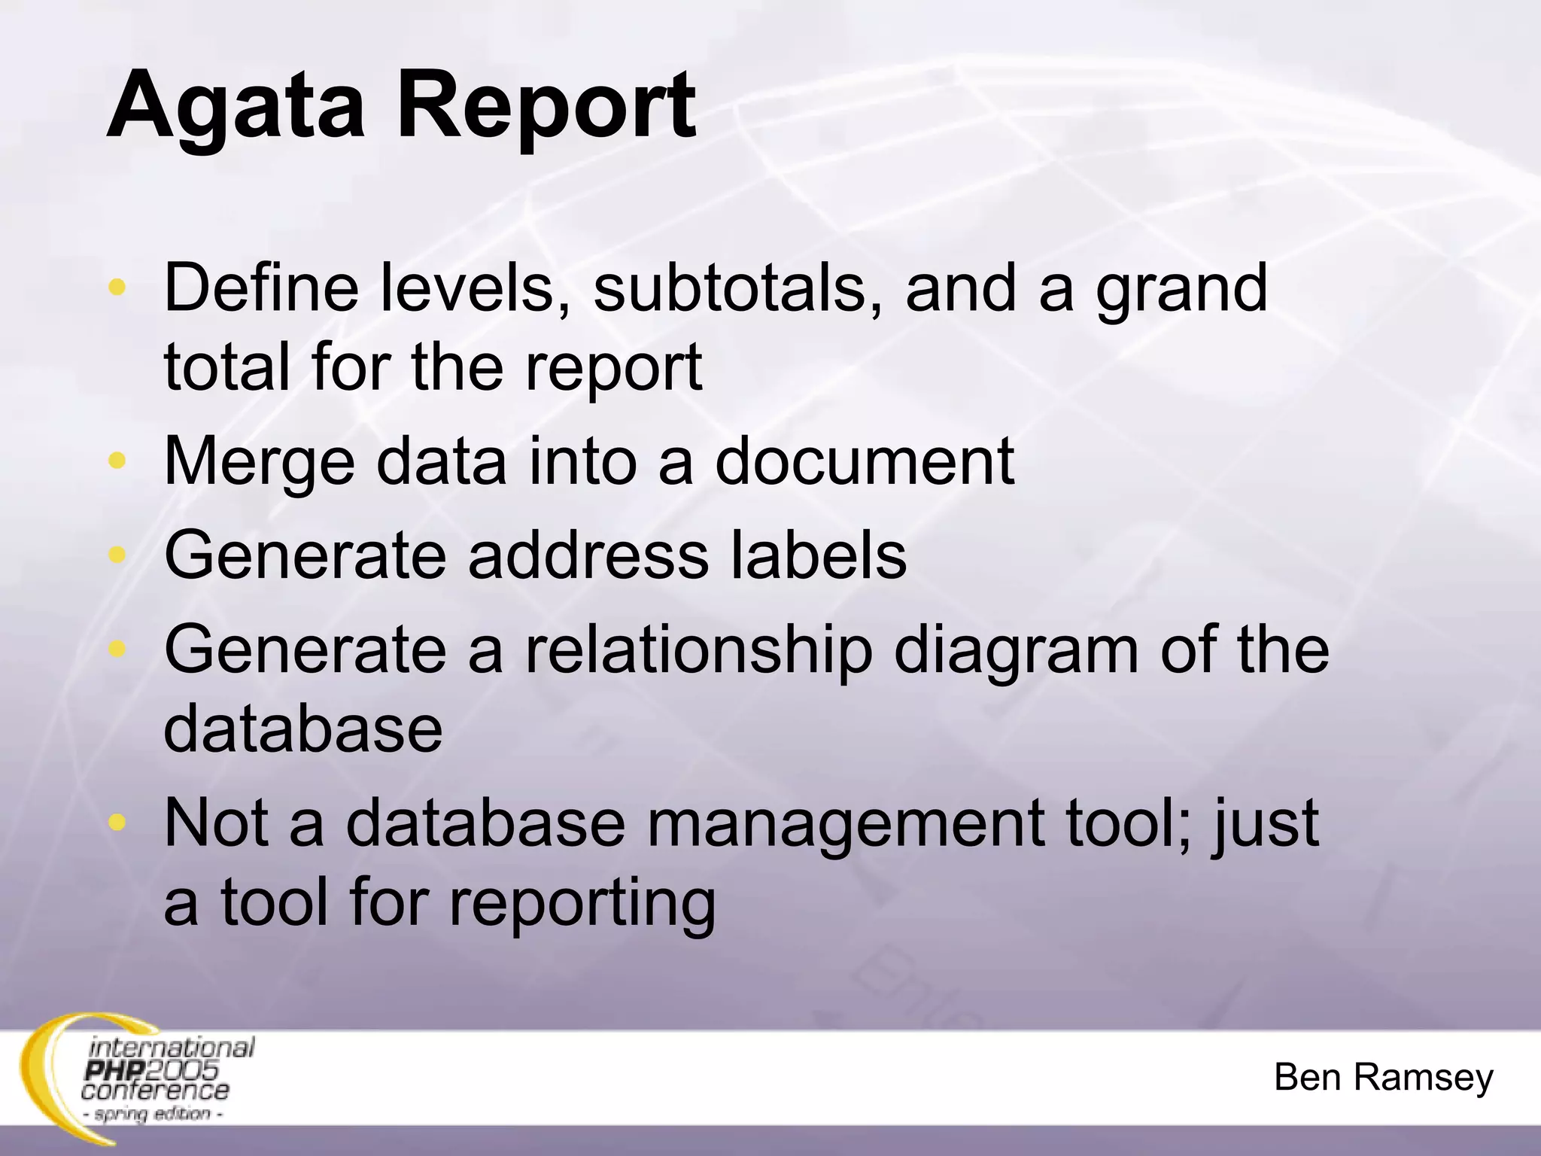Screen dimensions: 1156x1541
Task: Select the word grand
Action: coord(1181,290)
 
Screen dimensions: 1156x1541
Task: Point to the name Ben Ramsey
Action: coord(1383,1077)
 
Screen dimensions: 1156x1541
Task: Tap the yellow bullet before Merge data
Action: coord(117,461)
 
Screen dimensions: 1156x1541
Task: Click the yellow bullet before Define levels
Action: coord(117,287)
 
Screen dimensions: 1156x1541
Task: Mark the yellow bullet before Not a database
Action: coord(117,822)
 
